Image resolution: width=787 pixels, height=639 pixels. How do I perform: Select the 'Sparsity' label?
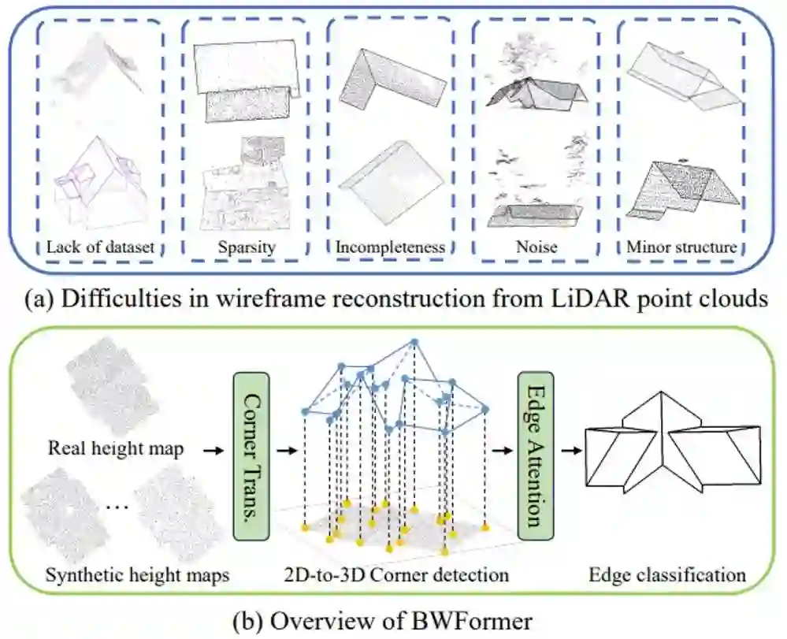(246, 247)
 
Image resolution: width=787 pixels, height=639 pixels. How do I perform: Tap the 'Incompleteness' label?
(390, 247)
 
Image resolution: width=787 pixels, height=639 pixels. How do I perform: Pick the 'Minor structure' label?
(681, 247)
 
